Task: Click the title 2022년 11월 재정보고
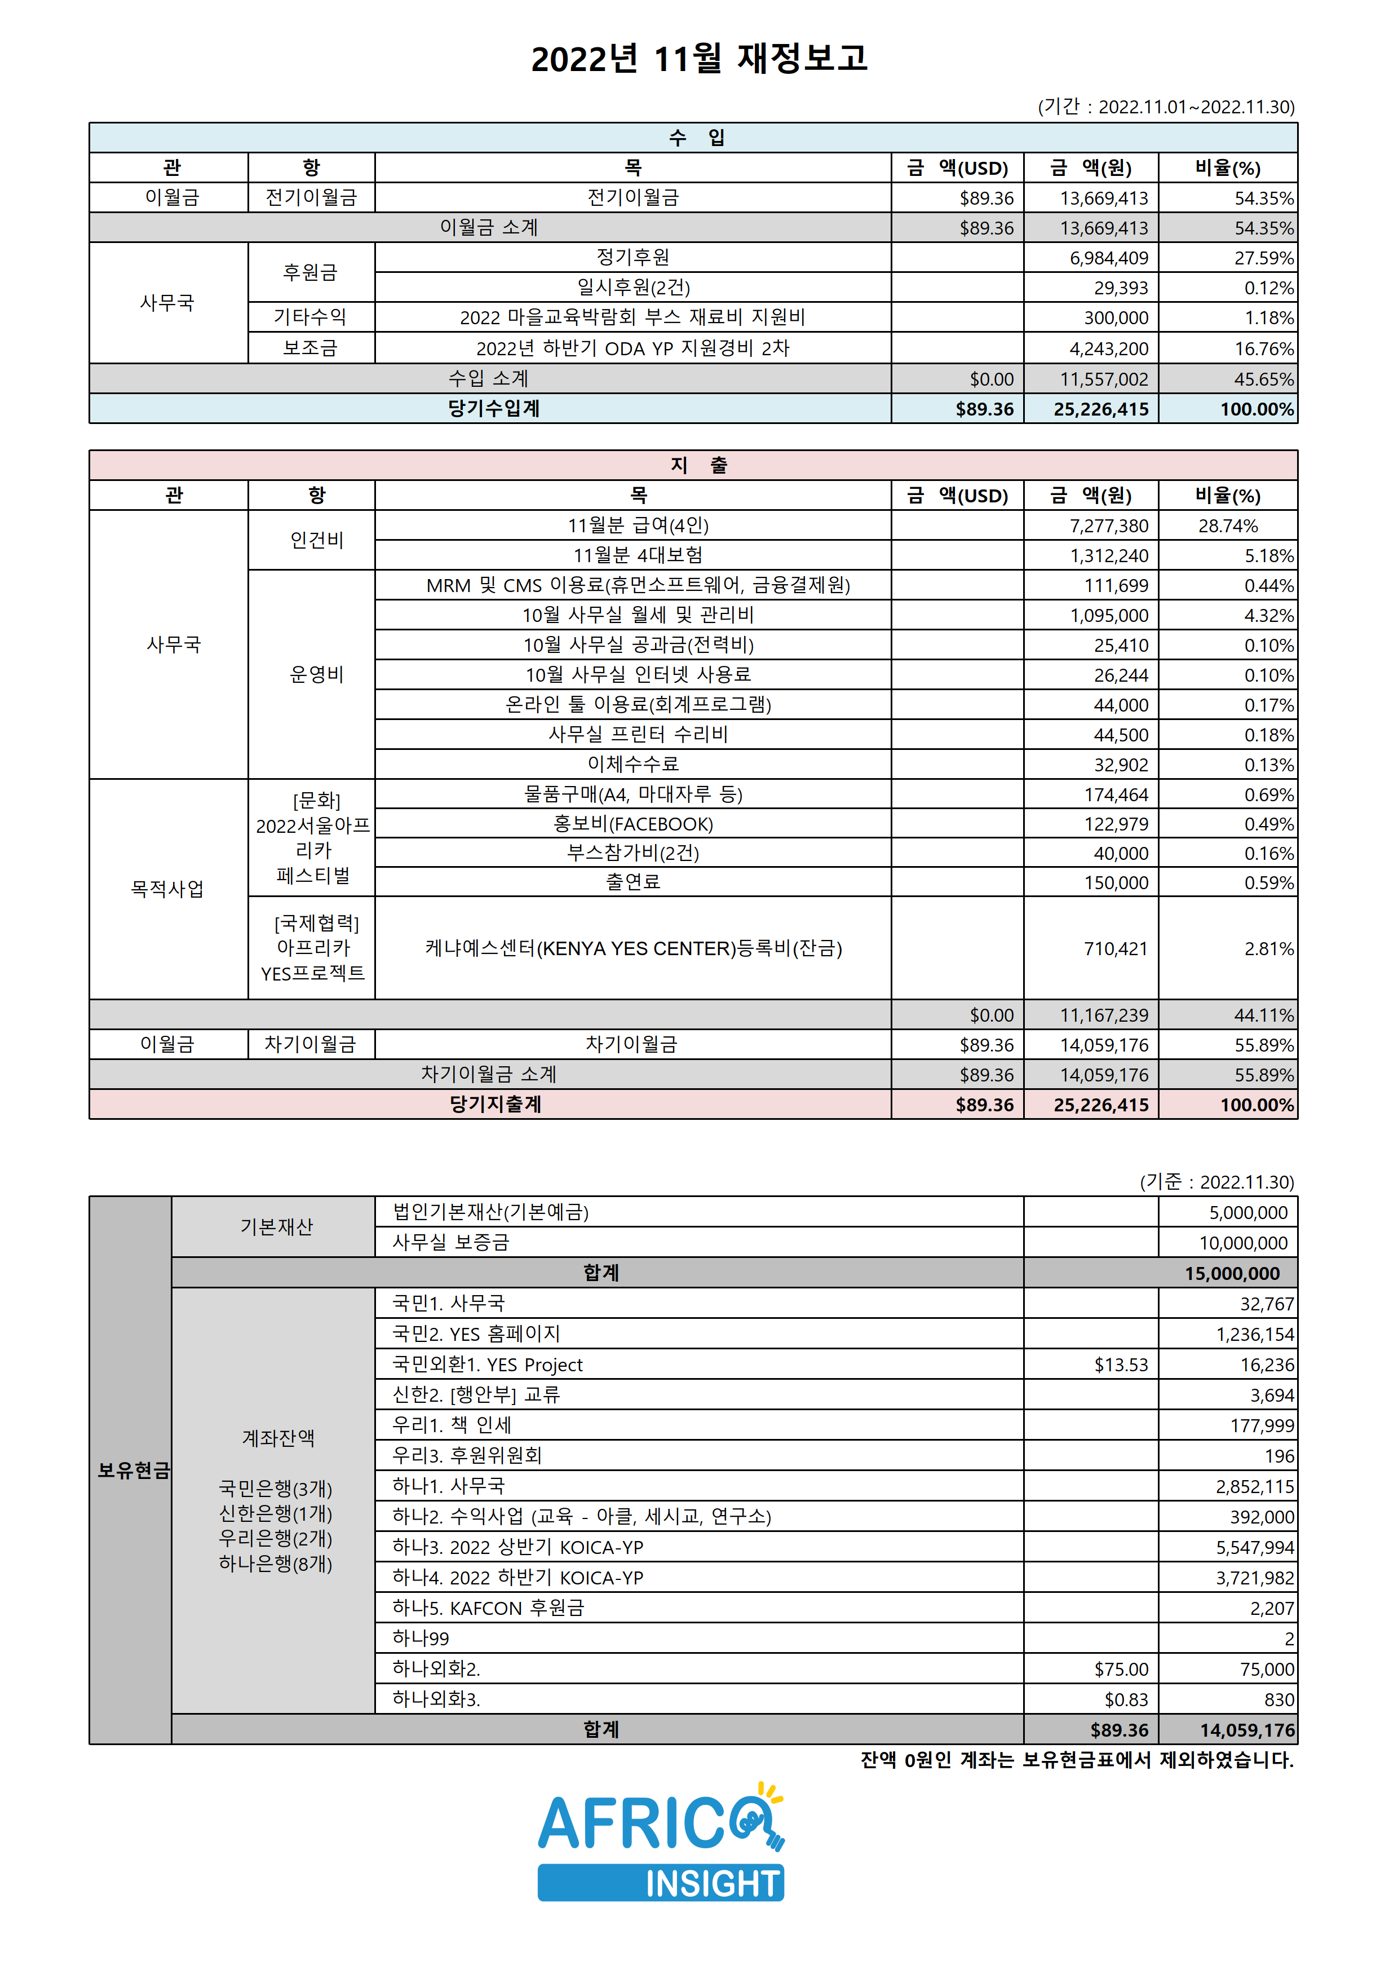point(698,59)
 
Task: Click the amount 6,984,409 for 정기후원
point(1109,258)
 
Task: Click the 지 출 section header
point(698,465)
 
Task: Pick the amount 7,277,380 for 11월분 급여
point(1109,526)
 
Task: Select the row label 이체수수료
point(632,764)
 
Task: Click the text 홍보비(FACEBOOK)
point(632,824)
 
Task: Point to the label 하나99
point(421,1639)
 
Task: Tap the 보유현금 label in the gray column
point(132,1470)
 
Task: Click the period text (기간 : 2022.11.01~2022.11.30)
point(1165,107)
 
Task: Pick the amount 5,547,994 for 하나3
point(1254,1547)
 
